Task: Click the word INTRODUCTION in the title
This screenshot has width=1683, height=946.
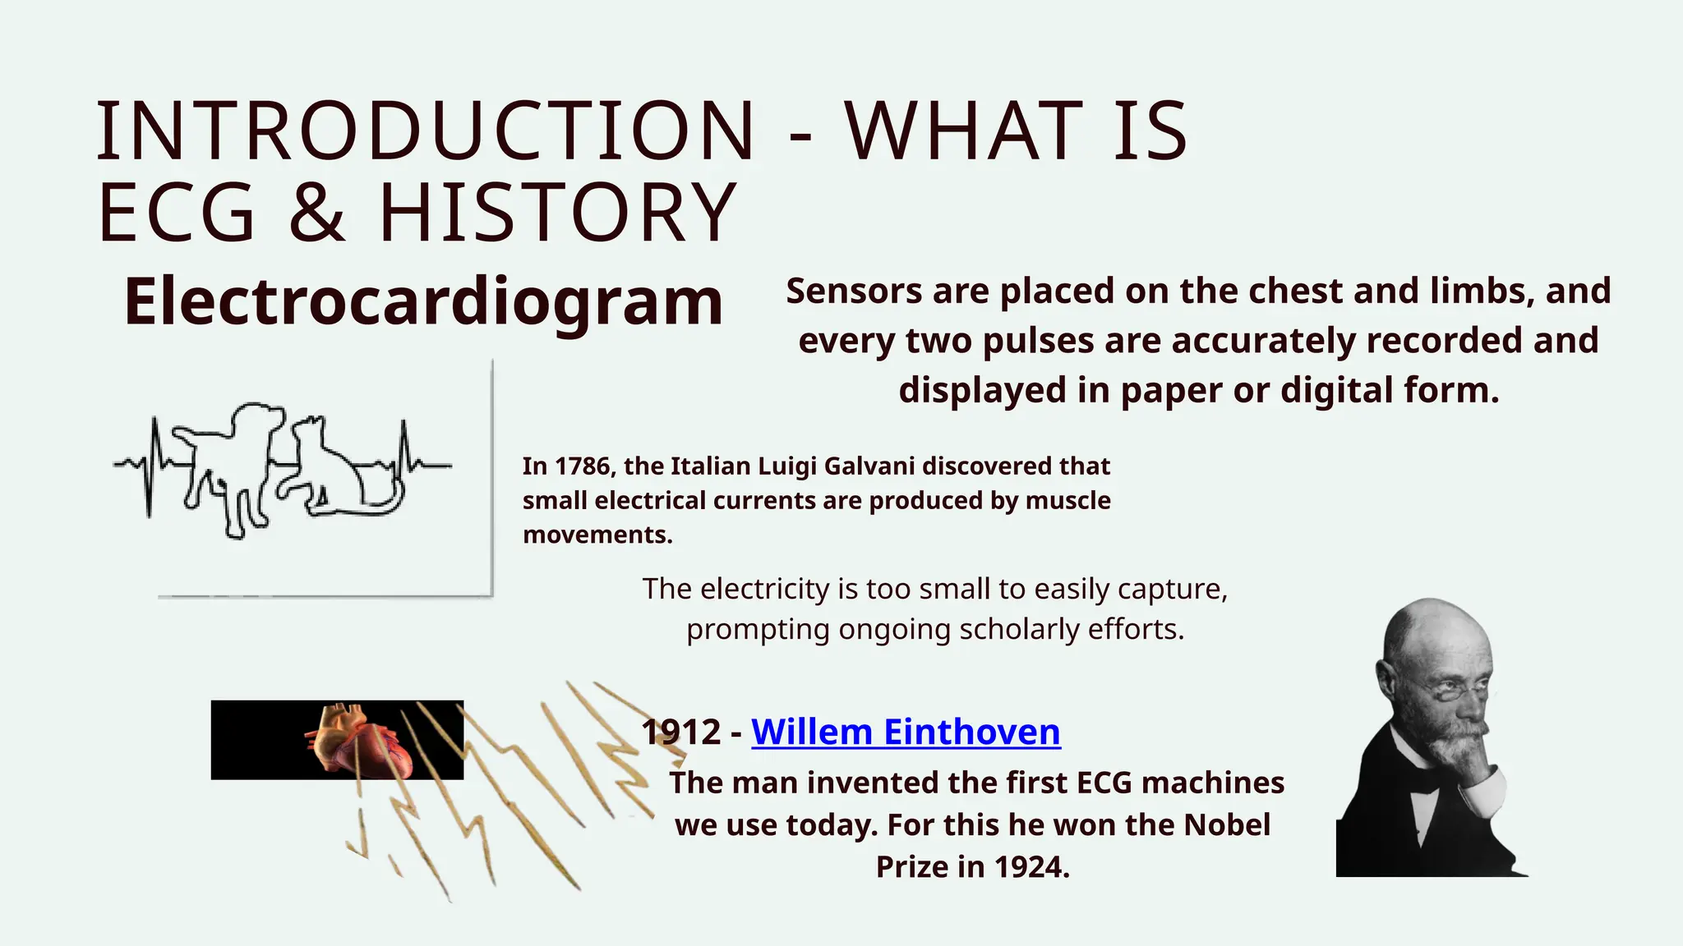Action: pyautogui.click(x=425, y=131)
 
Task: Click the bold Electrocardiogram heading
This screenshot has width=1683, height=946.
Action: pyautogui.click(x=423, y=301)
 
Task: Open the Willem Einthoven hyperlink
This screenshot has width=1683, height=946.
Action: pyautogui.click(x=906, y=732)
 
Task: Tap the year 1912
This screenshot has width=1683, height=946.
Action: pyautogui.click(x=681, y=732)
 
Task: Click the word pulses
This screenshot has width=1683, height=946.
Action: pyautogui.click(x=1038, y=341)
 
